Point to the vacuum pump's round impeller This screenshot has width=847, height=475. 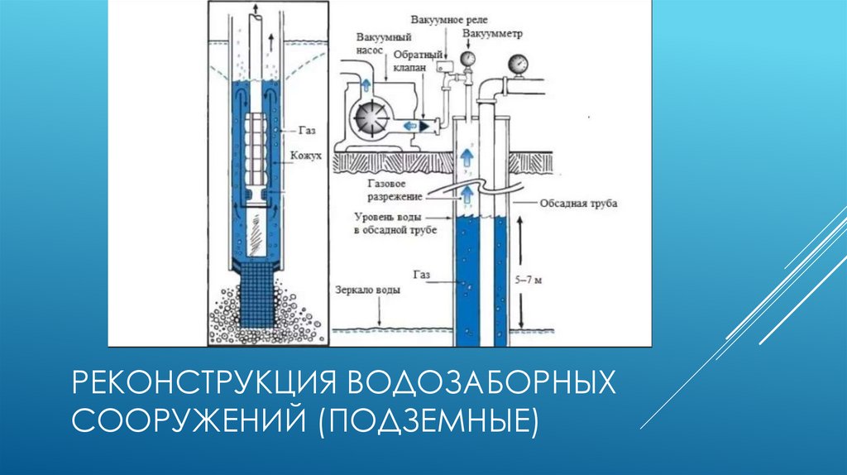click(x=368, y=121)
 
